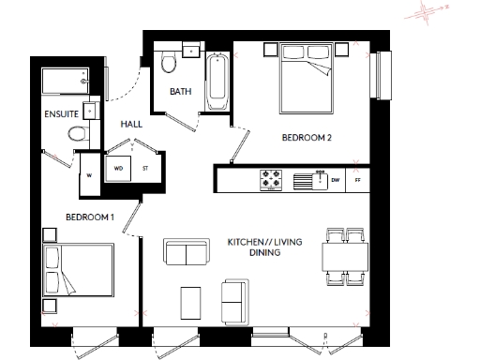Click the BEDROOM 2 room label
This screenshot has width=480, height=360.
pyautogui.click(x=307, y=138)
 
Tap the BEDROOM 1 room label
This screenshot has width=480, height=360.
pyautogui.click(x=89, y=217)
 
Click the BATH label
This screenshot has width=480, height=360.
pyautogui.click(x=180, y=92)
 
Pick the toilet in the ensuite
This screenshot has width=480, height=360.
pyautogui.click(x=79, y=134)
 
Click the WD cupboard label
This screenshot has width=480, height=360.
pyautogui.click(x=119, y=168)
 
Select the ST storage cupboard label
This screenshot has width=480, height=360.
pyautogui.click(x=145, y=168)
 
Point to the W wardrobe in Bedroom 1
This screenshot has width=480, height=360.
pyautogui.click(x=89, y=172)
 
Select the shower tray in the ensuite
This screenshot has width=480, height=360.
pyautogui.click(x=63, y=82)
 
